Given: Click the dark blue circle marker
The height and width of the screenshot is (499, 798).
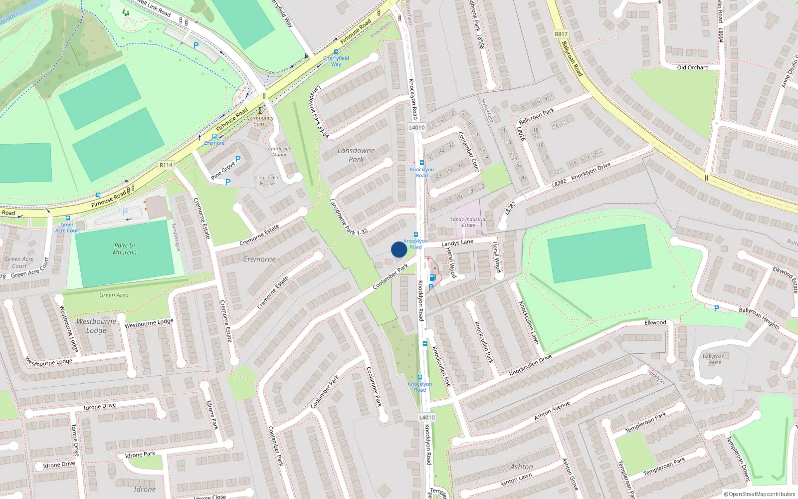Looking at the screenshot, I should click(x=399, y=249).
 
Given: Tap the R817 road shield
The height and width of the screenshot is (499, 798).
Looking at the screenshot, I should click(x=561, y=34).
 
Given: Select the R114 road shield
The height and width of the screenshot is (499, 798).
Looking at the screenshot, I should click(x=166, y=165).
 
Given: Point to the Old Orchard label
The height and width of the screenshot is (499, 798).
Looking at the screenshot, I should click(x=692, y=67).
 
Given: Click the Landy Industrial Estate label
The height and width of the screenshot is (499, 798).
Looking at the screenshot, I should click(x=468, y=222).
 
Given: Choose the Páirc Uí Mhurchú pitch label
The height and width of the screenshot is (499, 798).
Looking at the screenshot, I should click(x=125, y=249).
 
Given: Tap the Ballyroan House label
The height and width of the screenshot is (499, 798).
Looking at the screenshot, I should click(x=713, y=359).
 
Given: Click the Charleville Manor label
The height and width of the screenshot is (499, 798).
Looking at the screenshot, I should click(x=279, y=152).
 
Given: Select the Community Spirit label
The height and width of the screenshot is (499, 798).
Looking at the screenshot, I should click(x=260, y=121).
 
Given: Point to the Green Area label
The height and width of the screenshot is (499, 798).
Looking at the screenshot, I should click(x=114, y=295).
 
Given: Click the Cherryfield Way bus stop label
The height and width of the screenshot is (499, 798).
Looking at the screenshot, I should click(x=336, y=61).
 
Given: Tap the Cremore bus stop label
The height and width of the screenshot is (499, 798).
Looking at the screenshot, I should click(x=214, y=143).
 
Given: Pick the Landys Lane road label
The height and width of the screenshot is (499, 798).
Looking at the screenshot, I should click(x=457, y=243).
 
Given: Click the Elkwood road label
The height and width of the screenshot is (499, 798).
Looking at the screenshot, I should click(x=655, y=323).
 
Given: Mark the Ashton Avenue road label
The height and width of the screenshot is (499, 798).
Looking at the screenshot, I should click(x=552, y=411).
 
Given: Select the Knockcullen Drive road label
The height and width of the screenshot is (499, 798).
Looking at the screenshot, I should click(x=530, y=366).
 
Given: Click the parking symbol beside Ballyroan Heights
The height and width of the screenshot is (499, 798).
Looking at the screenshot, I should click(x=717, y=309).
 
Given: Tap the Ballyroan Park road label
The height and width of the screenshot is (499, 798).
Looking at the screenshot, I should click(x=536, y=116).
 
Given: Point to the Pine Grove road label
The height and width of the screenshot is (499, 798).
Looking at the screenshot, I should click(x=222, y=171).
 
